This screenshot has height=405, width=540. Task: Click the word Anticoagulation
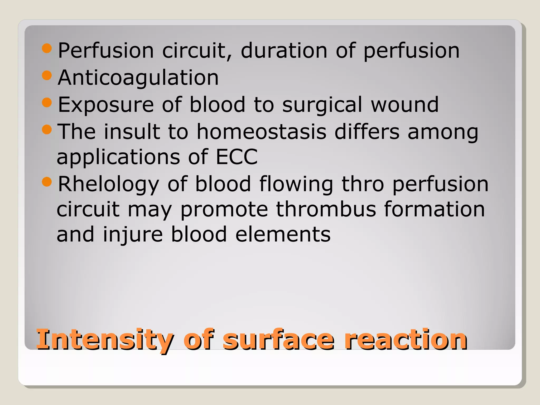point(138,78)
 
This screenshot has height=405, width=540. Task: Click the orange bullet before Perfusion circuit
point(47,48)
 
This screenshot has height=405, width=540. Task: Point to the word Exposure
point(106,105)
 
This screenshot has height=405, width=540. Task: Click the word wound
point(405,105)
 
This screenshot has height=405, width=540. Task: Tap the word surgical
point(322,105)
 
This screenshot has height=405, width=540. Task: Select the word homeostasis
point(261,132)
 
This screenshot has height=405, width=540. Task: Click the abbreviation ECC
point(237,157)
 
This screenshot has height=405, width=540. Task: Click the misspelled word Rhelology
point(108,184)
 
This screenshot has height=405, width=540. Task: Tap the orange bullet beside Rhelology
point(47,182)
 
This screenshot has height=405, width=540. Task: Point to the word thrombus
point(326,209)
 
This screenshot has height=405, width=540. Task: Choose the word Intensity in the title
point(105,340)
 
